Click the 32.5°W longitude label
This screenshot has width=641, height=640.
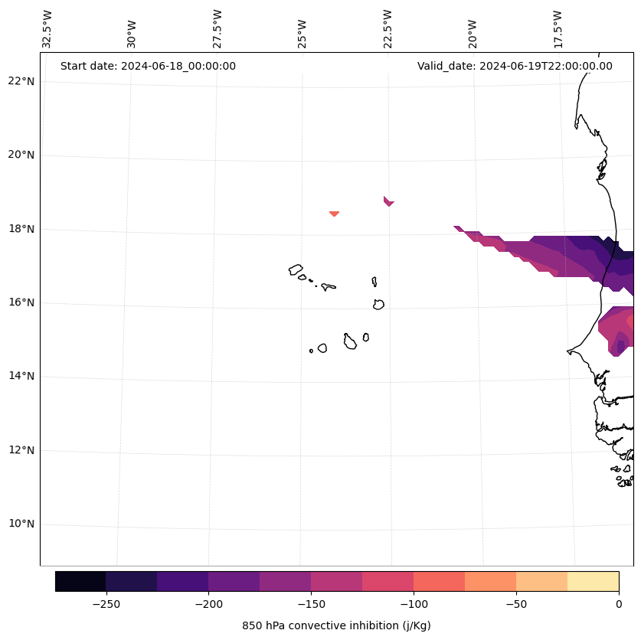47,29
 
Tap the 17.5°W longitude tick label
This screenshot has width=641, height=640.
558,29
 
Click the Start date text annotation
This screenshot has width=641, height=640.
148,66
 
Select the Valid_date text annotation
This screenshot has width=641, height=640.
515,66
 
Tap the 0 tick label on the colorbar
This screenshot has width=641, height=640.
619,604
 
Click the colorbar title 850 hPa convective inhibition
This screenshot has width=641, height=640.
336,625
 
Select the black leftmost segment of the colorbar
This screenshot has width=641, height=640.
80,581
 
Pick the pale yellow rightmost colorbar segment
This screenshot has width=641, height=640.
593,581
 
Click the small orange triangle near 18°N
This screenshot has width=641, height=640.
334,214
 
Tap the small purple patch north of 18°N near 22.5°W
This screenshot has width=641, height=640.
388,201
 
